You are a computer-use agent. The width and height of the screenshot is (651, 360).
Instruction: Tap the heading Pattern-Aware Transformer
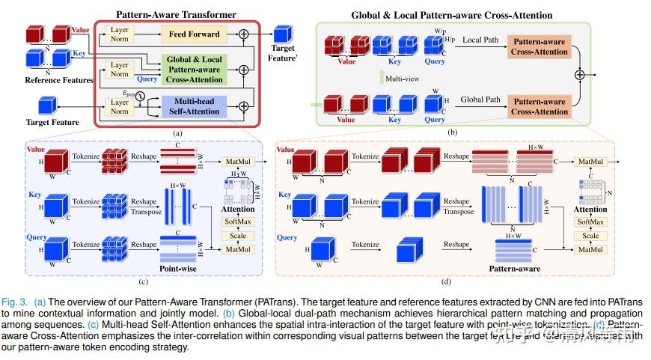coord(176,13)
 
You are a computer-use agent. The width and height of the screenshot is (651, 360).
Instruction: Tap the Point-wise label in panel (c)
coord(180,266)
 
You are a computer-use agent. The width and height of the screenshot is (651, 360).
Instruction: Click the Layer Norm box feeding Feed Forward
coord(120,33)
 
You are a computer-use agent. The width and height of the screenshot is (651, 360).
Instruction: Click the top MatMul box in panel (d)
coord(591,162)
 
